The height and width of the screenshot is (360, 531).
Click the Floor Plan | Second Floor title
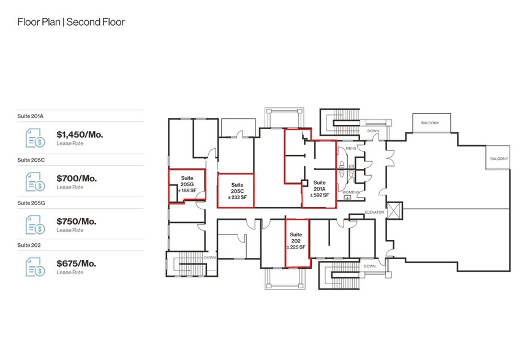71,22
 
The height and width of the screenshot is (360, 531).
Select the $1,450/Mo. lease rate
80,135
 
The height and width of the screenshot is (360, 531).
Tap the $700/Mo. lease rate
77,178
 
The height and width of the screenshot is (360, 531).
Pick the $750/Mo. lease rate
76,221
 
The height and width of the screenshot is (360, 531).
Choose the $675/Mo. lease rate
76,263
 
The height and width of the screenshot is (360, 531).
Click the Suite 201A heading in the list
31,116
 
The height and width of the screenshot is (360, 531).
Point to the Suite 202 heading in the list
29,245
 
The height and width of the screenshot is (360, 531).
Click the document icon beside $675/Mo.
36,266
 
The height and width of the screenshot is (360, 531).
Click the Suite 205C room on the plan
236,190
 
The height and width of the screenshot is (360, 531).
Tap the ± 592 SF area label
319,195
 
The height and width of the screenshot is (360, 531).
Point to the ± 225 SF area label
296,247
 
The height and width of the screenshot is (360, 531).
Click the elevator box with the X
394,211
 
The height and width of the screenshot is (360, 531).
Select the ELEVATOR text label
375,212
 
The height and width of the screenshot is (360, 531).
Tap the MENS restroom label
351,148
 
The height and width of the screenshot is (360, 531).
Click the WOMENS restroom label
350,192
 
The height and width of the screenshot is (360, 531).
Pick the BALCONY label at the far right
499,159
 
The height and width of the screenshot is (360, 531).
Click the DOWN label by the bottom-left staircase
210,257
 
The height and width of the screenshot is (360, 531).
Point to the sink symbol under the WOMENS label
347,197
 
